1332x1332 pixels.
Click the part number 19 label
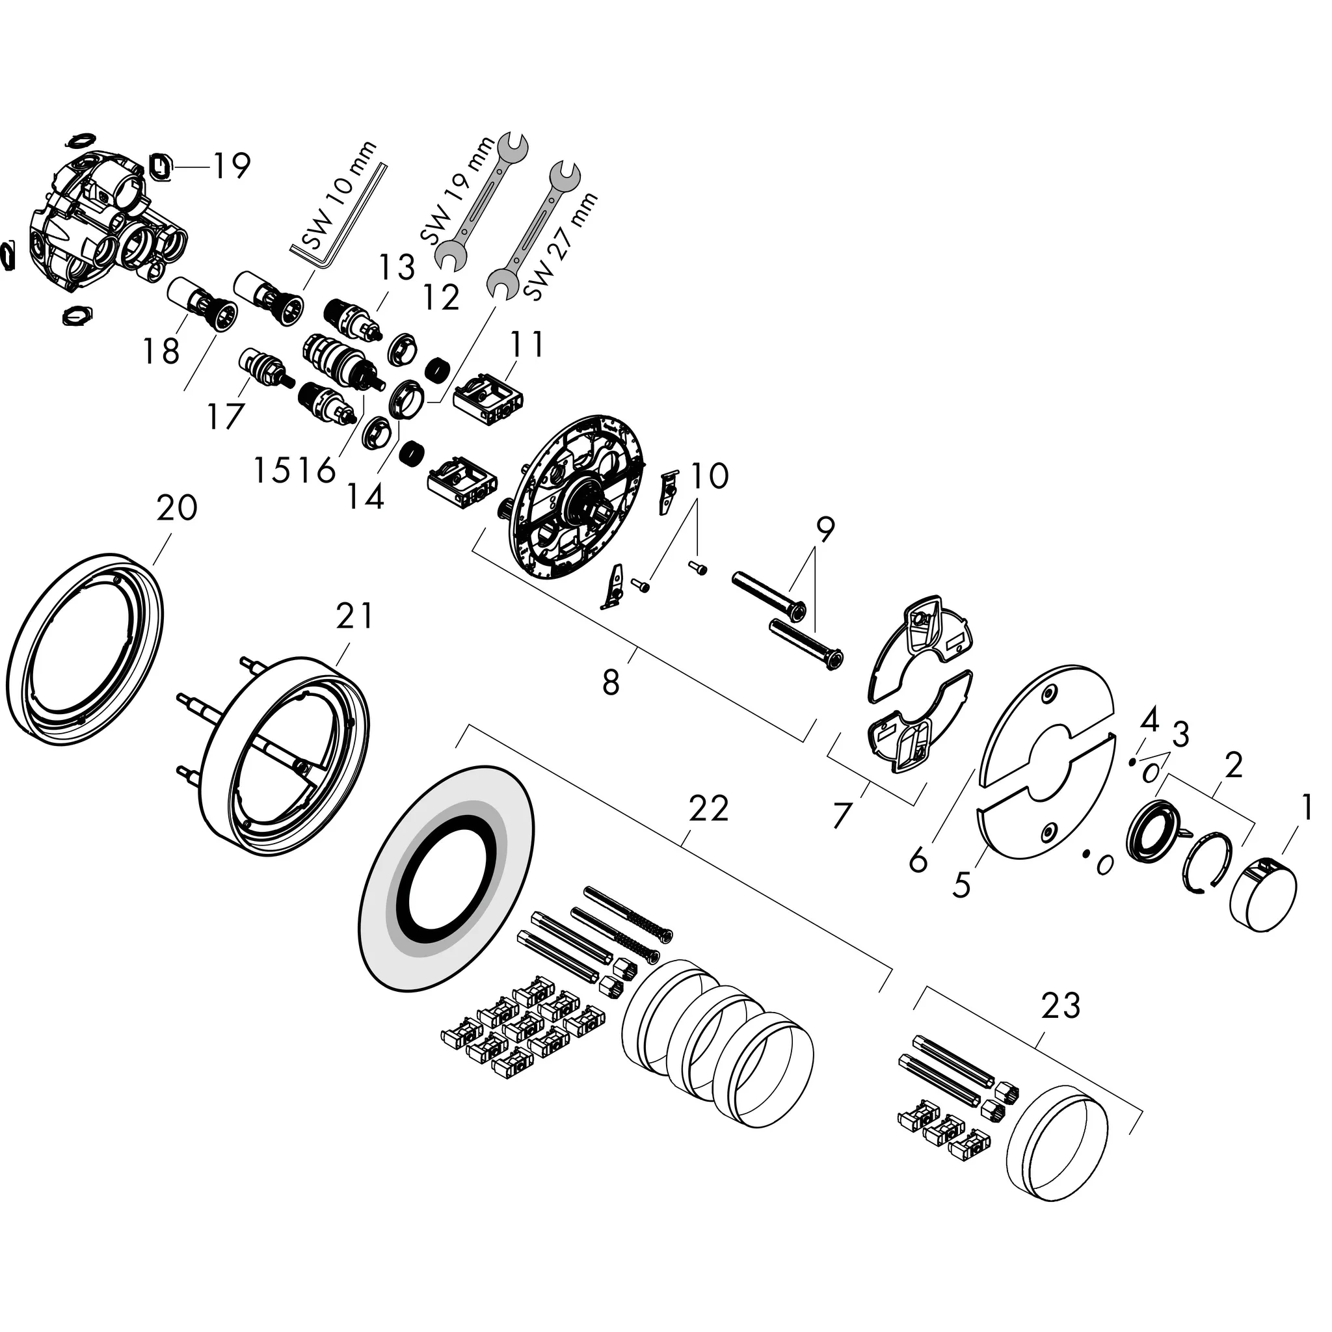pyautogui.click(x=230, y=165)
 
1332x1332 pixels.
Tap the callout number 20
pyautogui.click(x=176, y=508)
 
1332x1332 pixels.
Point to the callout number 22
pyautogui.click(x=708, y=807)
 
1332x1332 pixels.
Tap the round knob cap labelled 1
pyautogui.click(x=1263, y=893)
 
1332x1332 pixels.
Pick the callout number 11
pyautogui.click(x=527, y=344)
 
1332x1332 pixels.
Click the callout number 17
pyautogui.click(x=226, y=416)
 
